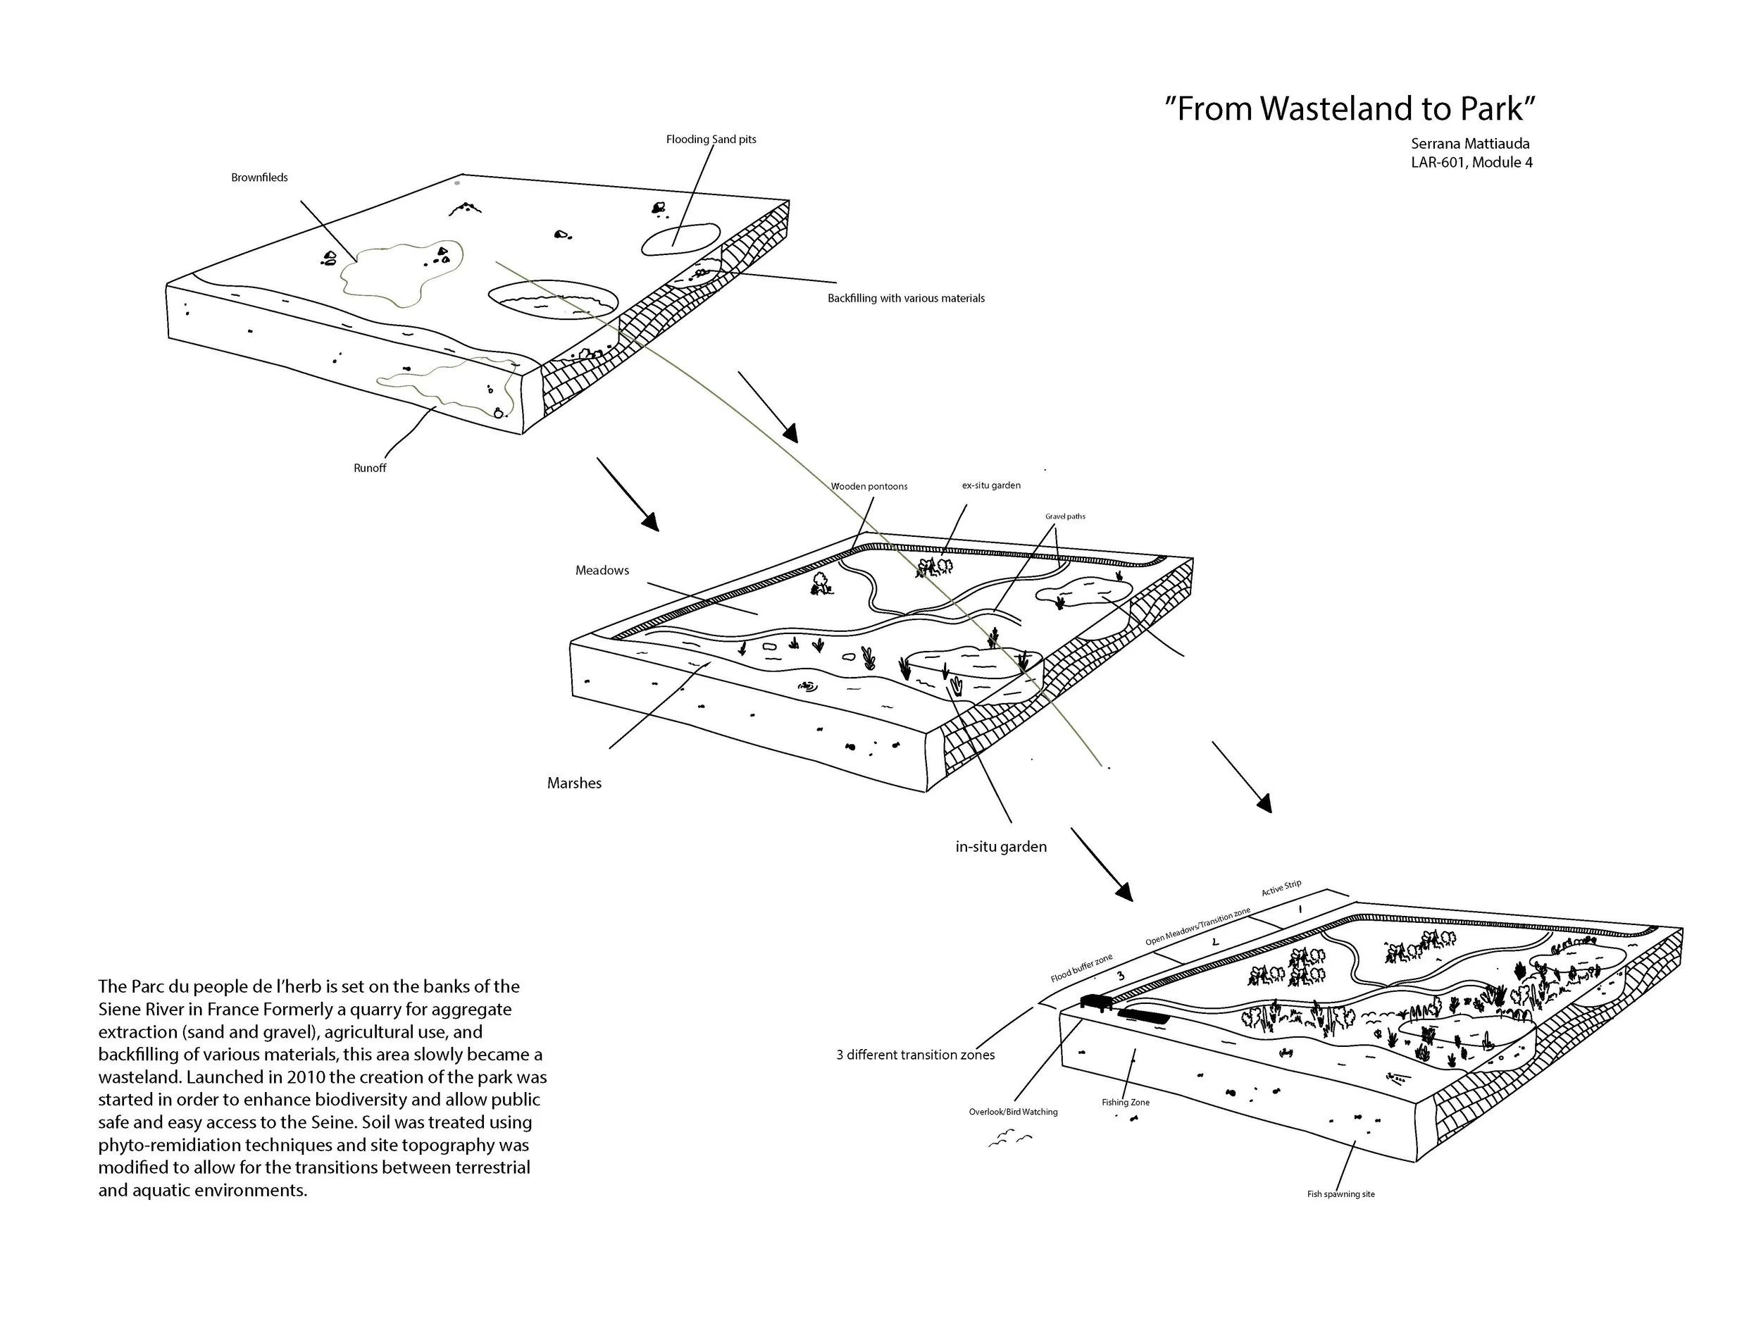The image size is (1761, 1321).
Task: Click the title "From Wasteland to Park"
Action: coord(1349,109)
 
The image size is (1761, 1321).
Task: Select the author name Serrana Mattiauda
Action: coord(1469,144)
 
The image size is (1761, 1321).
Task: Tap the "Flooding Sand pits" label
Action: coord(711,139)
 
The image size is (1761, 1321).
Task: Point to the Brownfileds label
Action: coord(259,178)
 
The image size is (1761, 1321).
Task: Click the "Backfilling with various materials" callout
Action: coord(905,299)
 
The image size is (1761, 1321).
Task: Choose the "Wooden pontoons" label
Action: coord(869,487)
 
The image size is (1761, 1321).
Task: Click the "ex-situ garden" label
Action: coord(990,485)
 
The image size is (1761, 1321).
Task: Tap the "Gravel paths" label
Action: coord(1064,516)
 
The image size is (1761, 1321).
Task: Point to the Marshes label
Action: coord(574,783)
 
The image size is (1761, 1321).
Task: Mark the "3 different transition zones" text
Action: coord(915,1055)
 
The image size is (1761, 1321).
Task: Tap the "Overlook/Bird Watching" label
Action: coord(1013,1112)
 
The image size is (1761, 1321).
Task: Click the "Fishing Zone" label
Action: coord(1125,1103)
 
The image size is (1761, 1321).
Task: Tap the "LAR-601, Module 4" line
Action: coord(1471,163)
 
